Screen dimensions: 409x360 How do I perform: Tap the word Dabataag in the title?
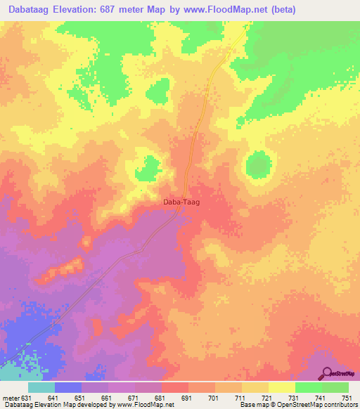coord(32,9)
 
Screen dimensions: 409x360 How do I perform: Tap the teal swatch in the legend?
coord(41,387)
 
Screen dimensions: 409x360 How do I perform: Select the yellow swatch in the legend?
coord(282,387)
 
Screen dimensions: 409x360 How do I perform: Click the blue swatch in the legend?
coord(68,387)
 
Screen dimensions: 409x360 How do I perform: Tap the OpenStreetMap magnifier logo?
coord(328,374)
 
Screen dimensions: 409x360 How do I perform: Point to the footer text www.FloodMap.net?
coord(141,405)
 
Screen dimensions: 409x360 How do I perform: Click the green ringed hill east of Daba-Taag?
coord(259,164)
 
